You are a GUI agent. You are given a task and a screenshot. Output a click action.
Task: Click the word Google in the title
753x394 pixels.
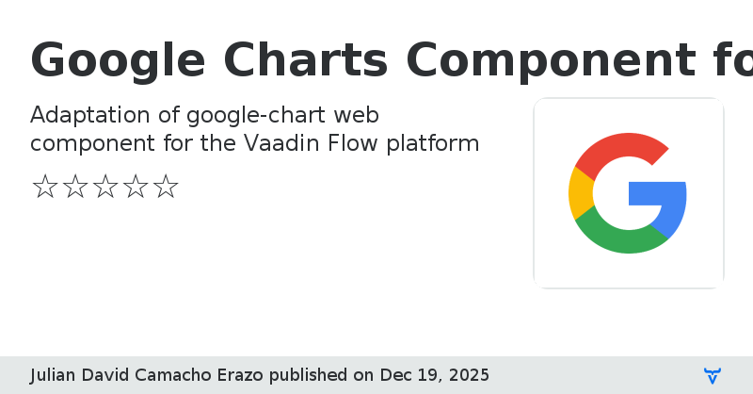(x=118, y=61)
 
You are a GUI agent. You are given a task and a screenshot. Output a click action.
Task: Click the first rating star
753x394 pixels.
(x=44, y=187)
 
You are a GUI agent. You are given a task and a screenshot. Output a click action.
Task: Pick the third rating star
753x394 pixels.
(x=104, y=187)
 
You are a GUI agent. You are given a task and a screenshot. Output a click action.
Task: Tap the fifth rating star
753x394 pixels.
(x=165, y=187)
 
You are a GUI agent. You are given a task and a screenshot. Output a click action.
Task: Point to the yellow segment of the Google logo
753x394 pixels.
(x=579, y=193)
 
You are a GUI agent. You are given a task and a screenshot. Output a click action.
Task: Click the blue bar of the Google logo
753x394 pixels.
(x=659, y=193)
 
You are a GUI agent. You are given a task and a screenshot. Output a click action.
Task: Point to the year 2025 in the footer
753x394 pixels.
(x=467, y=375)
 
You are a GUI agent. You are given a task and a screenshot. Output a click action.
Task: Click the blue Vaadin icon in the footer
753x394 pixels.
(x=713, y=375)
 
